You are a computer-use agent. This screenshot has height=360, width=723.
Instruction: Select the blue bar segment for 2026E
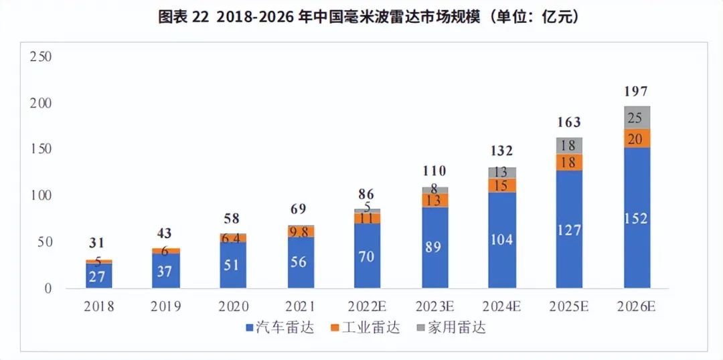[x=637, y=217]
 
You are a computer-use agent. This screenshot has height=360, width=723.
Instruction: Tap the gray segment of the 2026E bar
[x=637, y=118]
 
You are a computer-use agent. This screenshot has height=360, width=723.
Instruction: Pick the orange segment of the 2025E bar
[x=569, y=163]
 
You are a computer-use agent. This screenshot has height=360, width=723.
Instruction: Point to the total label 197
[x=636, y=92]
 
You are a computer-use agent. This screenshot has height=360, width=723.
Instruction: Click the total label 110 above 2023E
[x=434, y=171]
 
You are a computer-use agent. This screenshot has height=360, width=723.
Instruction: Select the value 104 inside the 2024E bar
[x=501, y=239]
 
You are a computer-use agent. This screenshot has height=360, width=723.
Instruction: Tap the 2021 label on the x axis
[x=299, y=306]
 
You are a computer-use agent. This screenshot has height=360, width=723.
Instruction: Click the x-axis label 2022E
[x=367, y=306]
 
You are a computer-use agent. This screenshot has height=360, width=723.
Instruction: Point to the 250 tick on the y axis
[x=42, y=57]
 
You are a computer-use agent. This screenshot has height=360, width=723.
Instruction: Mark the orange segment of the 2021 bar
[x=300, y=232]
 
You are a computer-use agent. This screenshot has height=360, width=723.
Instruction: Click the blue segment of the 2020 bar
[x=233, y=265]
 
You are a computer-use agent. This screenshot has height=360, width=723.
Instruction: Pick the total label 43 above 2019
[x=165, y=234]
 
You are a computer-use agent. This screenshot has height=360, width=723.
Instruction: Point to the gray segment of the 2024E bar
[x=501, y=173]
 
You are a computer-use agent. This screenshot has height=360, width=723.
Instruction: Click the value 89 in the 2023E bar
[x=434, y=247]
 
